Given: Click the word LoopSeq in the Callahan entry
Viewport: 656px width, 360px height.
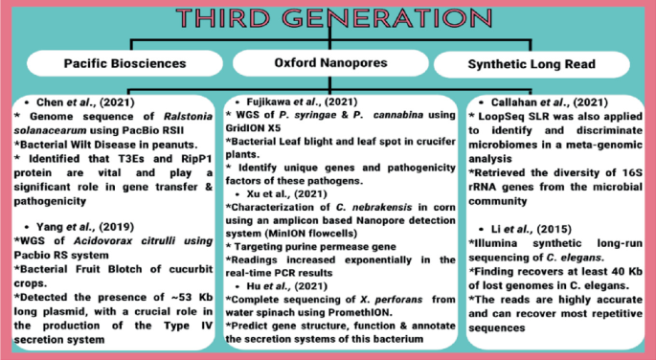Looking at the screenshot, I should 505,115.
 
